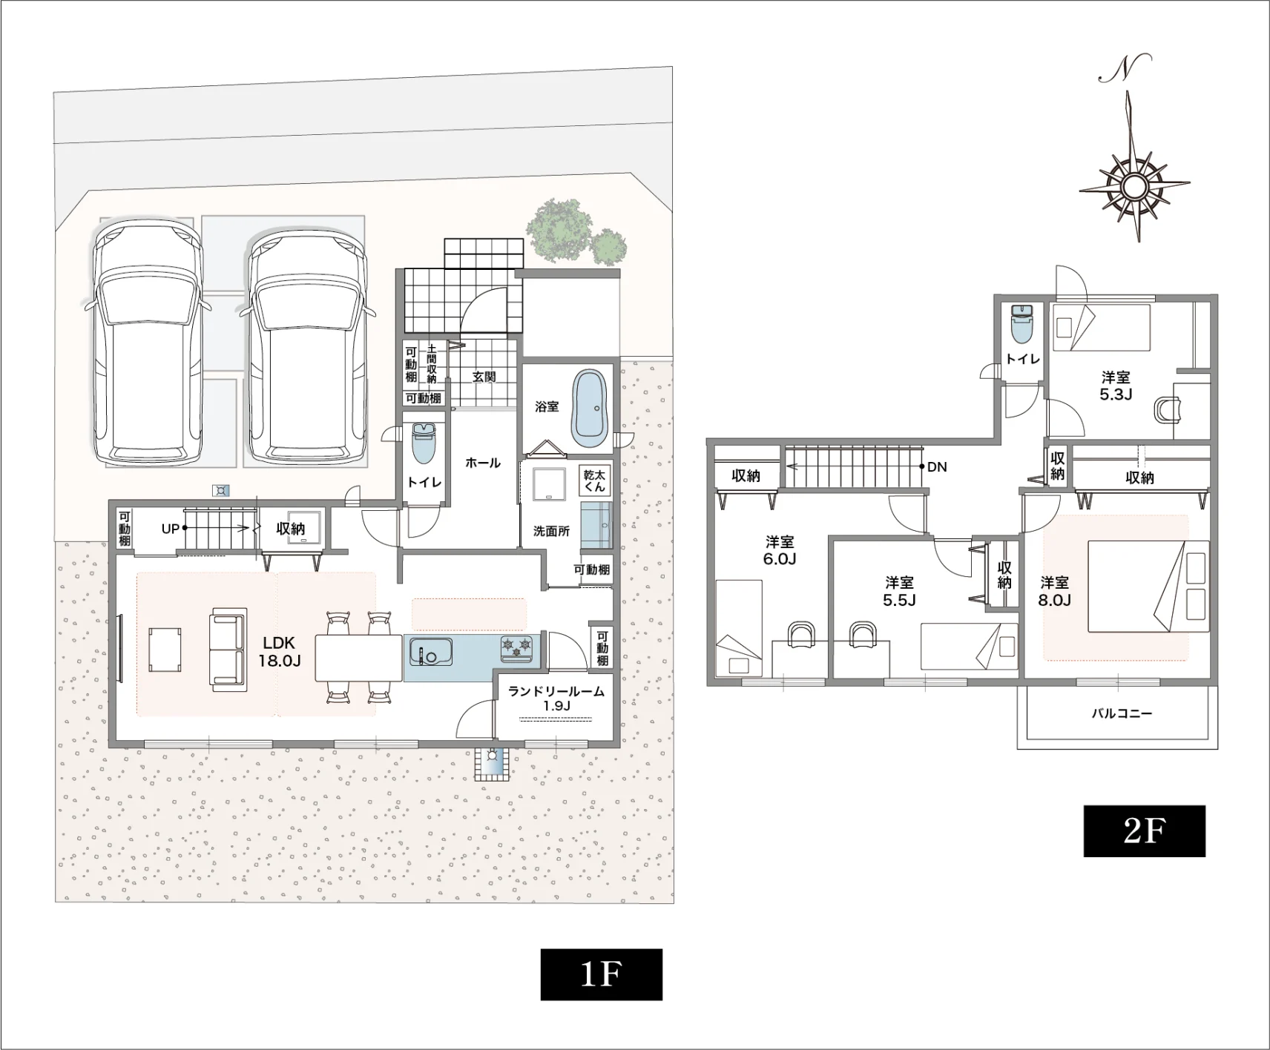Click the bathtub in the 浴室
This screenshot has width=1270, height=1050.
tap(590, 409)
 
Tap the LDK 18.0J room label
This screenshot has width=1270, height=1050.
tap(279, 652)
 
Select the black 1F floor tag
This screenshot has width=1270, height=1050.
tap(601, 974)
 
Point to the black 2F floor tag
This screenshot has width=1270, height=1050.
tap(1144, 831)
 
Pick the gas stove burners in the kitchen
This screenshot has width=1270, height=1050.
tap(517, 648)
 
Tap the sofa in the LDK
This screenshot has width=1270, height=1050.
tap(227, 650)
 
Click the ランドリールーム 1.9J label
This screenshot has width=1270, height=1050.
tap(556, 699)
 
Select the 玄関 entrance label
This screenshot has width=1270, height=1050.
tap(484, 377)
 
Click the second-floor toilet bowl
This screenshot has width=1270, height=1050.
tap(1021, 323)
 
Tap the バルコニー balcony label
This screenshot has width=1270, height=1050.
tap(1121, 713)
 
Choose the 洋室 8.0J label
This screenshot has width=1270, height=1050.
tap(1054, 591)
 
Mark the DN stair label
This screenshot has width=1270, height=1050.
tap(937, 467)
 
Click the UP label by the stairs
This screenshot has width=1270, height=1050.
tap(171, 529)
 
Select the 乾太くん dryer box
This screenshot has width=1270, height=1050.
tap(594, 481)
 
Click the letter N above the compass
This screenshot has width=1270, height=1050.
tap(1125, 67)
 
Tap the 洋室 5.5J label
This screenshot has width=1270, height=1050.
tap(899, 591)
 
